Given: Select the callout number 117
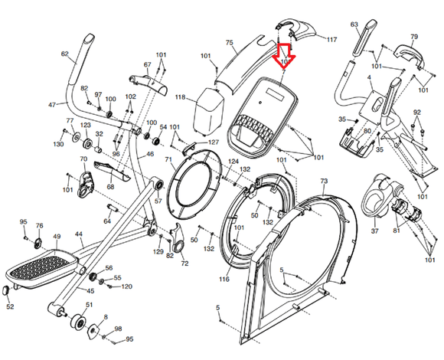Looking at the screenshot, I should point(331,38).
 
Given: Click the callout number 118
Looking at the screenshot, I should point(181,98).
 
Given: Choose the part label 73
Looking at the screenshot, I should point(323,182).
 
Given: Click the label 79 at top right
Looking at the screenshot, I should point(414,37).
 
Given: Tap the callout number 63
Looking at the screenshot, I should point(354,25).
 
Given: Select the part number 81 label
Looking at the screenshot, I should point(396,230).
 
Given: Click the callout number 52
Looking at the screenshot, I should point(10,307).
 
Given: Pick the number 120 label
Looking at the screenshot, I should point(127,286).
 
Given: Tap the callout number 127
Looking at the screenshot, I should point(213,142).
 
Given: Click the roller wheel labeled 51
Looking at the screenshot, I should point(78,322).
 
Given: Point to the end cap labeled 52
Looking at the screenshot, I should point(8,290).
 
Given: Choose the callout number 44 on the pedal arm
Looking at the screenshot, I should point(78,234).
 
